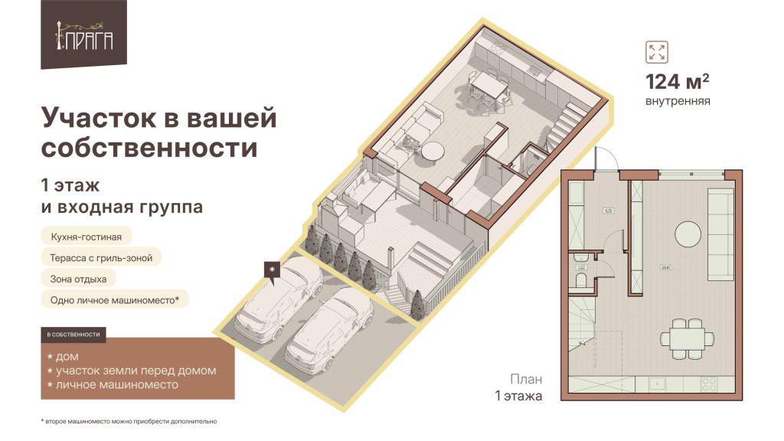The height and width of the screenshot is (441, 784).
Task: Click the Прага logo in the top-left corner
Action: (83, 34)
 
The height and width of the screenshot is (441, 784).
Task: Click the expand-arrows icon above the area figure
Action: (656, 53)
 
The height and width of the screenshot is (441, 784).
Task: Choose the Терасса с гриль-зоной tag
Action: (101, 258)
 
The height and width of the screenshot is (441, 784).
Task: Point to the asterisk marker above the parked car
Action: (272, 269)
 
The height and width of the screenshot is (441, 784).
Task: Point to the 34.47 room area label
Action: (665, 268)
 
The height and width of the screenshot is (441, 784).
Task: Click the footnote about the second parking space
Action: (129, 421)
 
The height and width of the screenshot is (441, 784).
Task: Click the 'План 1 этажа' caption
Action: (520, 387)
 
